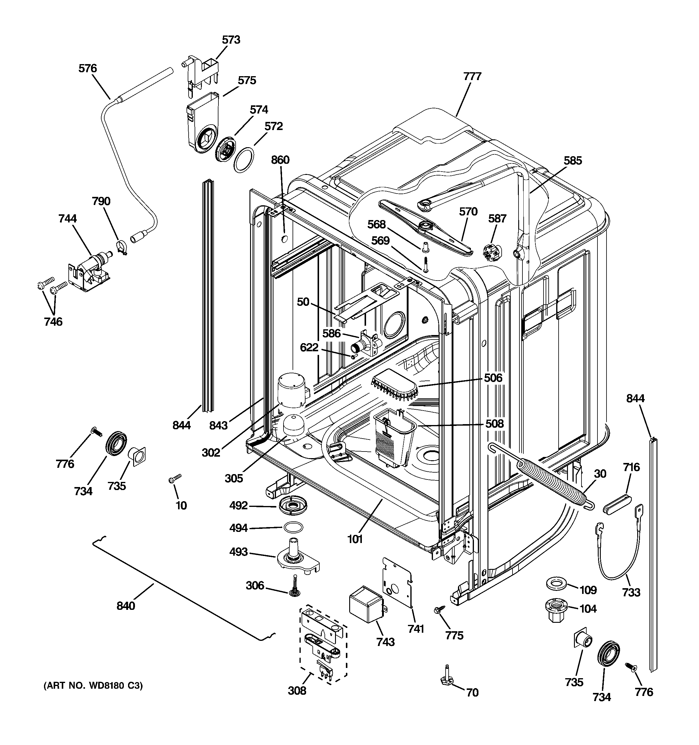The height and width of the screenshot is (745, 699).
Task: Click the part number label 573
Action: coord(231,40)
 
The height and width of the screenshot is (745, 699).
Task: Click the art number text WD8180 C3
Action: coord(93,686)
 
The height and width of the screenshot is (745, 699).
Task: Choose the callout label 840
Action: coord(126,606)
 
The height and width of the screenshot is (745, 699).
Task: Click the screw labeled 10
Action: coord(175,478)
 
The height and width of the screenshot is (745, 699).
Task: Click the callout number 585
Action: coord(572,161)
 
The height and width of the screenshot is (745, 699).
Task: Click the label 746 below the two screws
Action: coord(53,321)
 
